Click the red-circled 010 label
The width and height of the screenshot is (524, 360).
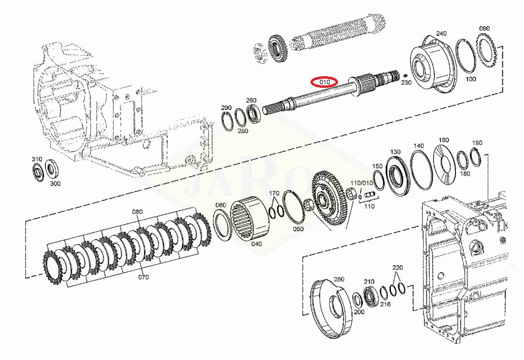coord(325,82)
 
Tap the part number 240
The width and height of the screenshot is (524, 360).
coord(441,33)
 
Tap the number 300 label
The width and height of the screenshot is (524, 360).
coord(55,183)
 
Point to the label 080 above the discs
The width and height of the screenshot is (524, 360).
coord(137,212)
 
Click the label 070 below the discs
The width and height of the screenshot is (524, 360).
coord(143,277)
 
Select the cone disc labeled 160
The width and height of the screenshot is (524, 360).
coord(444,165)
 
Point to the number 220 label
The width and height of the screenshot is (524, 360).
coord(397,267)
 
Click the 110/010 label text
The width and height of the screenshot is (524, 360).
coord(362,183)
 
